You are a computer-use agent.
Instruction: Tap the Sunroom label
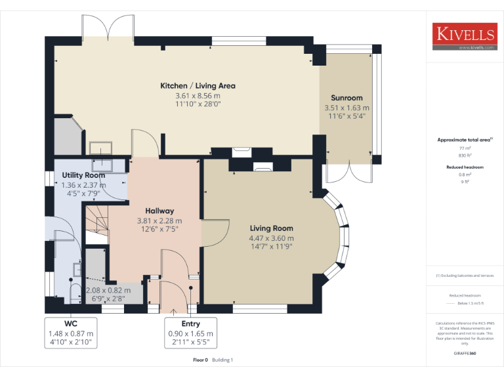pos(346,98)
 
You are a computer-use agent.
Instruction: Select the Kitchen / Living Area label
pos(198,85)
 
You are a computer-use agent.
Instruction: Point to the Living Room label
pos(271,228)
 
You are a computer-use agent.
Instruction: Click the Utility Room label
pos(83,175)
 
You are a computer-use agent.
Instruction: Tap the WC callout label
pos(71,324)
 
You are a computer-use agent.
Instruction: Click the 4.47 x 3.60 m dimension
pos(271,238)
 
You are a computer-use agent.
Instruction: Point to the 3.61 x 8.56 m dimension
pos(198,95)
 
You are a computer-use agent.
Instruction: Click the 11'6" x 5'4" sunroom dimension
pos(346,116)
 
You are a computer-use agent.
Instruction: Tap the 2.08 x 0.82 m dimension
pos(108,290)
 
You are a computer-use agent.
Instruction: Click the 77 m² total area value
pos(465,149)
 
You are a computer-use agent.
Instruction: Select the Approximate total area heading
pos(464,140)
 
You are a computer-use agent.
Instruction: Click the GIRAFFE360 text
pos(464,353)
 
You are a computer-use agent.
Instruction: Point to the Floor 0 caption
pos(200,360)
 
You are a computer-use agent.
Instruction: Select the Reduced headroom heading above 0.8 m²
pos(464,167)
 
